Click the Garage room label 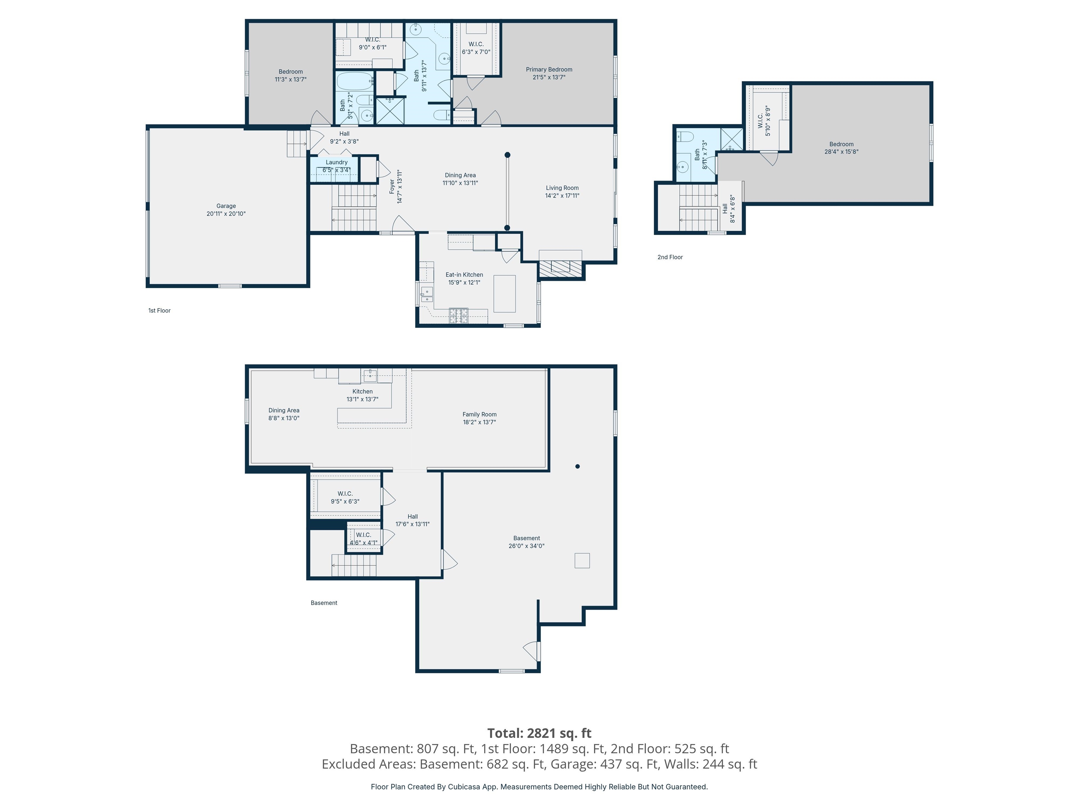pyautogui.click(x=226, y=206)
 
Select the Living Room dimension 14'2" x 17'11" pyautogui.click(x=562, y=196)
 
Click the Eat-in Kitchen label pyautogui.click(x=464, y=275)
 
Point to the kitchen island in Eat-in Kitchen pyautogui.click(x=504, y=294)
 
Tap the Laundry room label pyautogui.click(x=336, y=162)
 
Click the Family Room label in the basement pyautogui.click(x=479, y=414)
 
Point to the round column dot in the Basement pyautogui.click(x=577, y=466)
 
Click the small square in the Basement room pyautogui.click(x=582, y=560)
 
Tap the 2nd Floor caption pyautogui.click(x=670, y=257)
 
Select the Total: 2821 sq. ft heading pyautogui.click(x=539, y=733)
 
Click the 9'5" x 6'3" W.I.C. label pyautogui.click(x=345, y=501)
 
